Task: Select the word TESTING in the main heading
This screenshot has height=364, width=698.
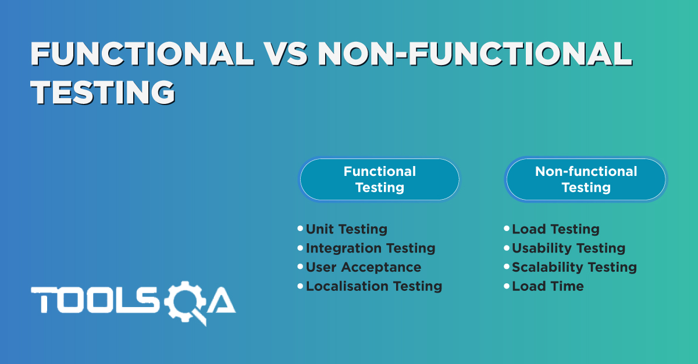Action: (x=103, y=92)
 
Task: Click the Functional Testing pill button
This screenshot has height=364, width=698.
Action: (x=379, y=179)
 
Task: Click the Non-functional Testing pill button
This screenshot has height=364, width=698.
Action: (x=586, y=179)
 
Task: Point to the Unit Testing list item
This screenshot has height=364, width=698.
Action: (x=346, y=229)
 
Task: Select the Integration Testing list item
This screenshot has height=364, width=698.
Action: (x=370, y=248)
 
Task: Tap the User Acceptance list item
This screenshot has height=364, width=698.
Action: (x=363, y=267)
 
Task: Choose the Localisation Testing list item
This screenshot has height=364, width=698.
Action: (x=373, y=286)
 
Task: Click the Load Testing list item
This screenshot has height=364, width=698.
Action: (x=555, y=229)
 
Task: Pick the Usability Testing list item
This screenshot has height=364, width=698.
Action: (x=568, y=248)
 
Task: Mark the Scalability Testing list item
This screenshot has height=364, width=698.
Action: (x=574, y=267)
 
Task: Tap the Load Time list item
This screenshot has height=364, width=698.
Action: (x=547, y=286)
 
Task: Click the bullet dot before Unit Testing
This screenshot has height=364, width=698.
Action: (x=300, y=229)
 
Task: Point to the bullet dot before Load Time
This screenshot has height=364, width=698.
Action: (x=507, y=286)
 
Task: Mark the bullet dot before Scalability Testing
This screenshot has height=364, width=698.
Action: (x=507, y=267)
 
